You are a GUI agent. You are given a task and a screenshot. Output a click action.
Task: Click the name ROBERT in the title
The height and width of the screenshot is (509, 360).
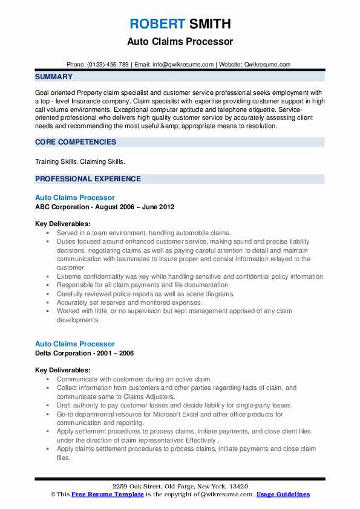coord(155,24)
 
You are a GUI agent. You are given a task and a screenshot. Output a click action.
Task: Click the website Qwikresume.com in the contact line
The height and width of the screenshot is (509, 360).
coord(268,64)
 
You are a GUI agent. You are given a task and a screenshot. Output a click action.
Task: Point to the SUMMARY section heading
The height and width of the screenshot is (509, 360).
coord(54,77)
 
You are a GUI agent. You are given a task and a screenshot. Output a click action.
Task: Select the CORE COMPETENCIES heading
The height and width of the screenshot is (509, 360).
coord(76,142)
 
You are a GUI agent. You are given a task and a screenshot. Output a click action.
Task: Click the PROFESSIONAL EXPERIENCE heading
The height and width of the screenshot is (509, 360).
coord(88,179)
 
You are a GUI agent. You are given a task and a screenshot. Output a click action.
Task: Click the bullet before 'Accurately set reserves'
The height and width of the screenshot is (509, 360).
coord(48,302)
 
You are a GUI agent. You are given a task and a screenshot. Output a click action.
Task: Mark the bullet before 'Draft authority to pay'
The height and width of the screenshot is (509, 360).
coord(48,405)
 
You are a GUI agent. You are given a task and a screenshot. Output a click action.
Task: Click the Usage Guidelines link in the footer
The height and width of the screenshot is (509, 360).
coord(283,494)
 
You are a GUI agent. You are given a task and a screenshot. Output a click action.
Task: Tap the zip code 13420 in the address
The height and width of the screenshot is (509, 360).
coord(238,486)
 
